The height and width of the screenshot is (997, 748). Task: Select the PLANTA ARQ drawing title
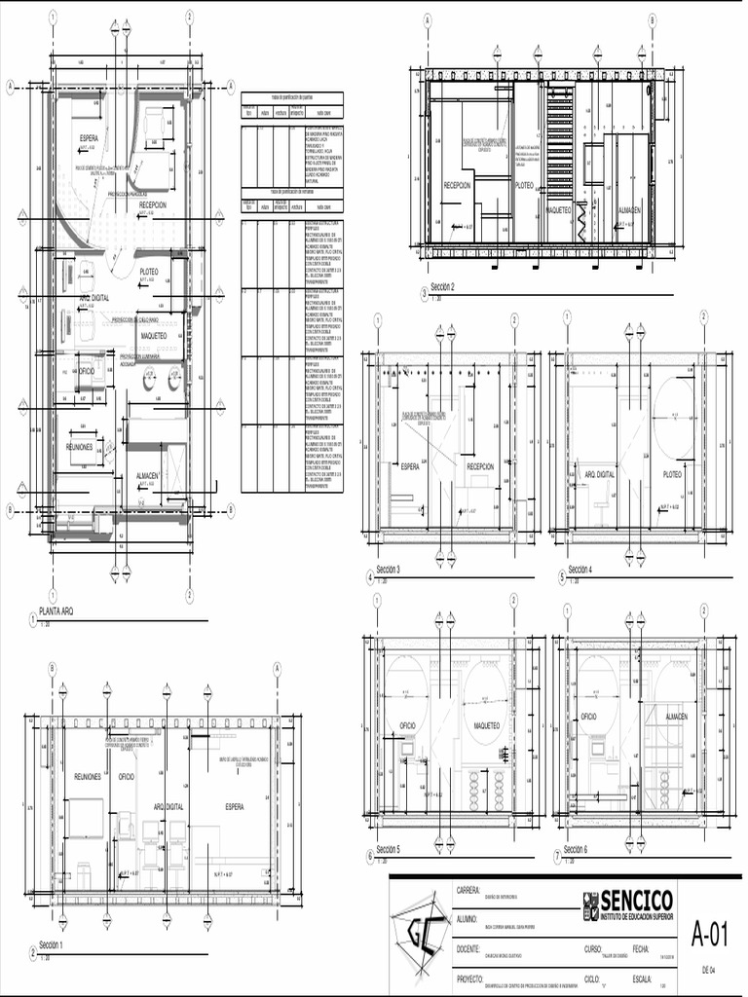56,611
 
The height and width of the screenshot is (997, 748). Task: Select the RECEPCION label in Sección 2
457,185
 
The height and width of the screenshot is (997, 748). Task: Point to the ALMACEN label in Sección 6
676,716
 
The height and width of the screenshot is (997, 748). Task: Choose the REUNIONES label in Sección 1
88,777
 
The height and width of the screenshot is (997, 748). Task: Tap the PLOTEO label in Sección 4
672,474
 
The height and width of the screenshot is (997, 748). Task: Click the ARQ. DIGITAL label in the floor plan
94,296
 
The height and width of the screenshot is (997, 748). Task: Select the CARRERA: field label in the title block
468,890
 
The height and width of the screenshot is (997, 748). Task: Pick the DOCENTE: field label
469,947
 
